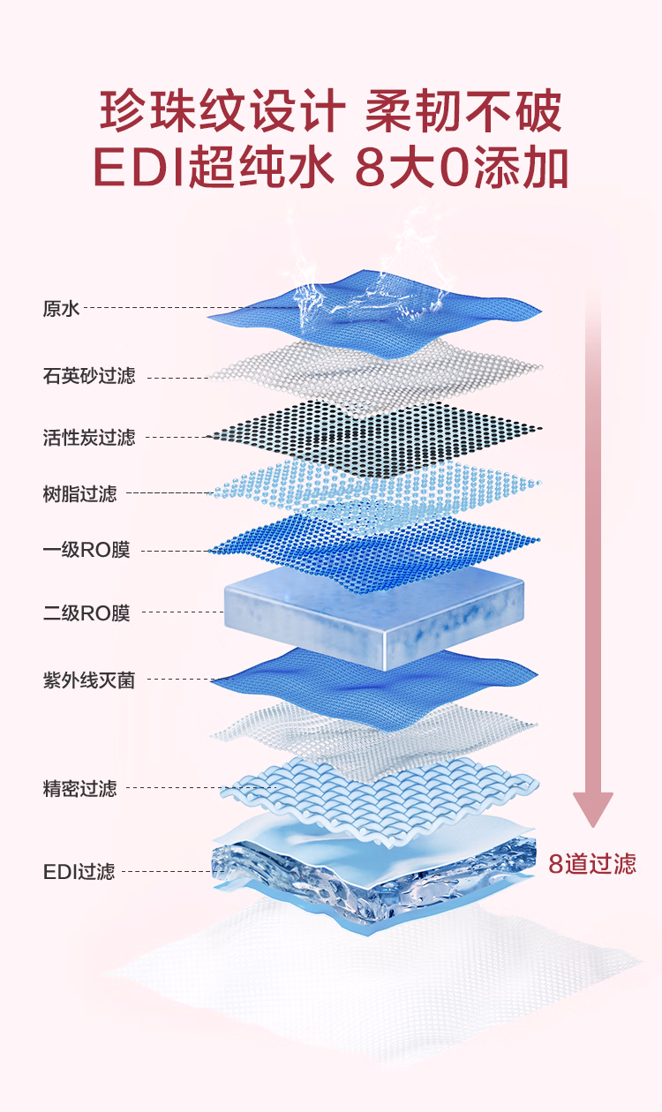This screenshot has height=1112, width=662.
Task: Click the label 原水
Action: coord(61,309)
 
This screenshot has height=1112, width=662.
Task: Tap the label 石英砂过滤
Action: coord(89,376)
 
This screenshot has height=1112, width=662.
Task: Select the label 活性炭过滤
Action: coord(89,437)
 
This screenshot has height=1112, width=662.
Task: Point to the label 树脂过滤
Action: coord(79,493)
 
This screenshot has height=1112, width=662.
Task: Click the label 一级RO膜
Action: coord(87,551)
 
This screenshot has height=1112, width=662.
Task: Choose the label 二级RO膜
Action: coord(87,612)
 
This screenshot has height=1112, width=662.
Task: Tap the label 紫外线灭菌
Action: coord(89,680)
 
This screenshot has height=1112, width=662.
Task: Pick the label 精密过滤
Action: coord(79,788)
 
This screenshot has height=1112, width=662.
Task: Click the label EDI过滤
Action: coord(79,872)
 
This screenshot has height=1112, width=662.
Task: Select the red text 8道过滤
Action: coord(592,863)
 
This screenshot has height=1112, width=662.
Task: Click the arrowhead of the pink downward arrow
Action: coord(592,808)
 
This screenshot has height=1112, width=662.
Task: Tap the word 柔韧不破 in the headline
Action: coord(464,114)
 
